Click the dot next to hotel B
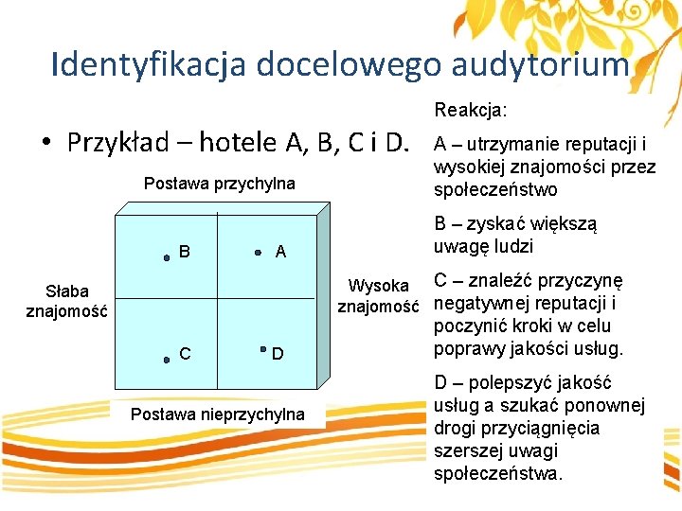point(167,255)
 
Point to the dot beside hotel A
point(259,254)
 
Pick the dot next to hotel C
point(166,360)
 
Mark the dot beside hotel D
point(264,351)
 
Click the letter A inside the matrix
point(280,252)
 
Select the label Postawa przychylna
point(219,183)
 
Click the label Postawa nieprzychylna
point(218,414)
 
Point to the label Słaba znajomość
point(67,300)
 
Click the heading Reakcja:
point(471,111)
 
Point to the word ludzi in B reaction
point(514,246)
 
